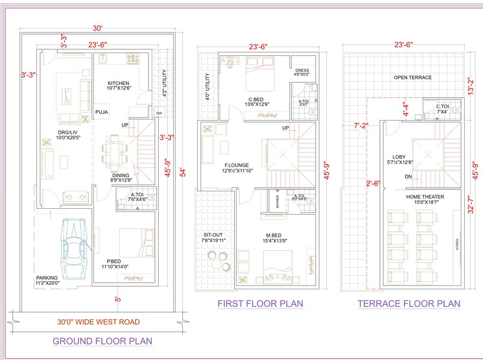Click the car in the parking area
(73, 248)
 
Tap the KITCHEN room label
(118, 84)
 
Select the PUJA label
(102, 112)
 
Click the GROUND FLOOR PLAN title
(103, 341)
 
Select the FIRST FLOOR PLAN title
(260, 304)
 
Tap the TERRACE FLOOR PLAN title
(408, 304)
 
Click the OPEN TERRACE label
(412, 78)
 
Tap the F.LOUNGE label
(236, 165)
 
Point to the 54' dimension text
(183, 173)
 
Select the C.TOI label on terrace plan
(442, 106)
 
